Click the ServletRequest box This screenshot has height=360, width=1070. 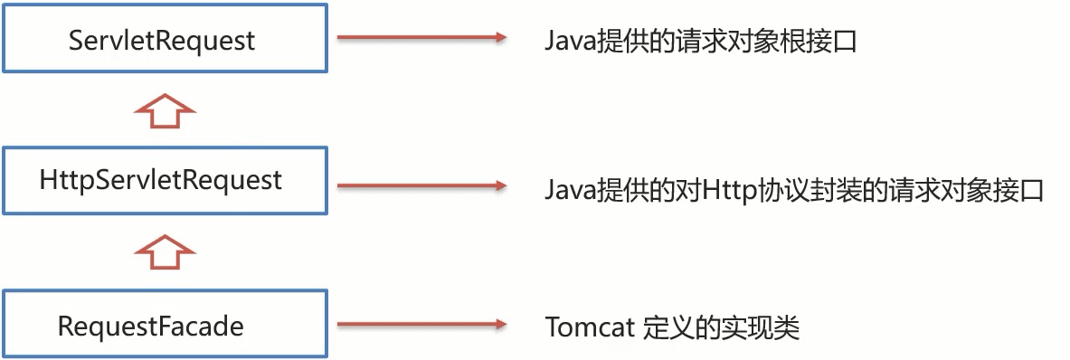(x=163, y=40)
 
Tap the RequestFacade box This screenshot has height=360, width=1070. (x=163, y=325)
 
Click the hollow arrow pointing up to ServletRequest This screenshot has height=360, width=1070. (x=163, y=111)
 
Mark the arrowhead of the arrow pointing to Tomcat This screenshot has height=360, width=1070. (x=497, y=325)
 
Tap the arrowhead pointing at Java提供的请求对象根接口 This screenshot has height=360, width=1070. (x=497, y=38)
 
